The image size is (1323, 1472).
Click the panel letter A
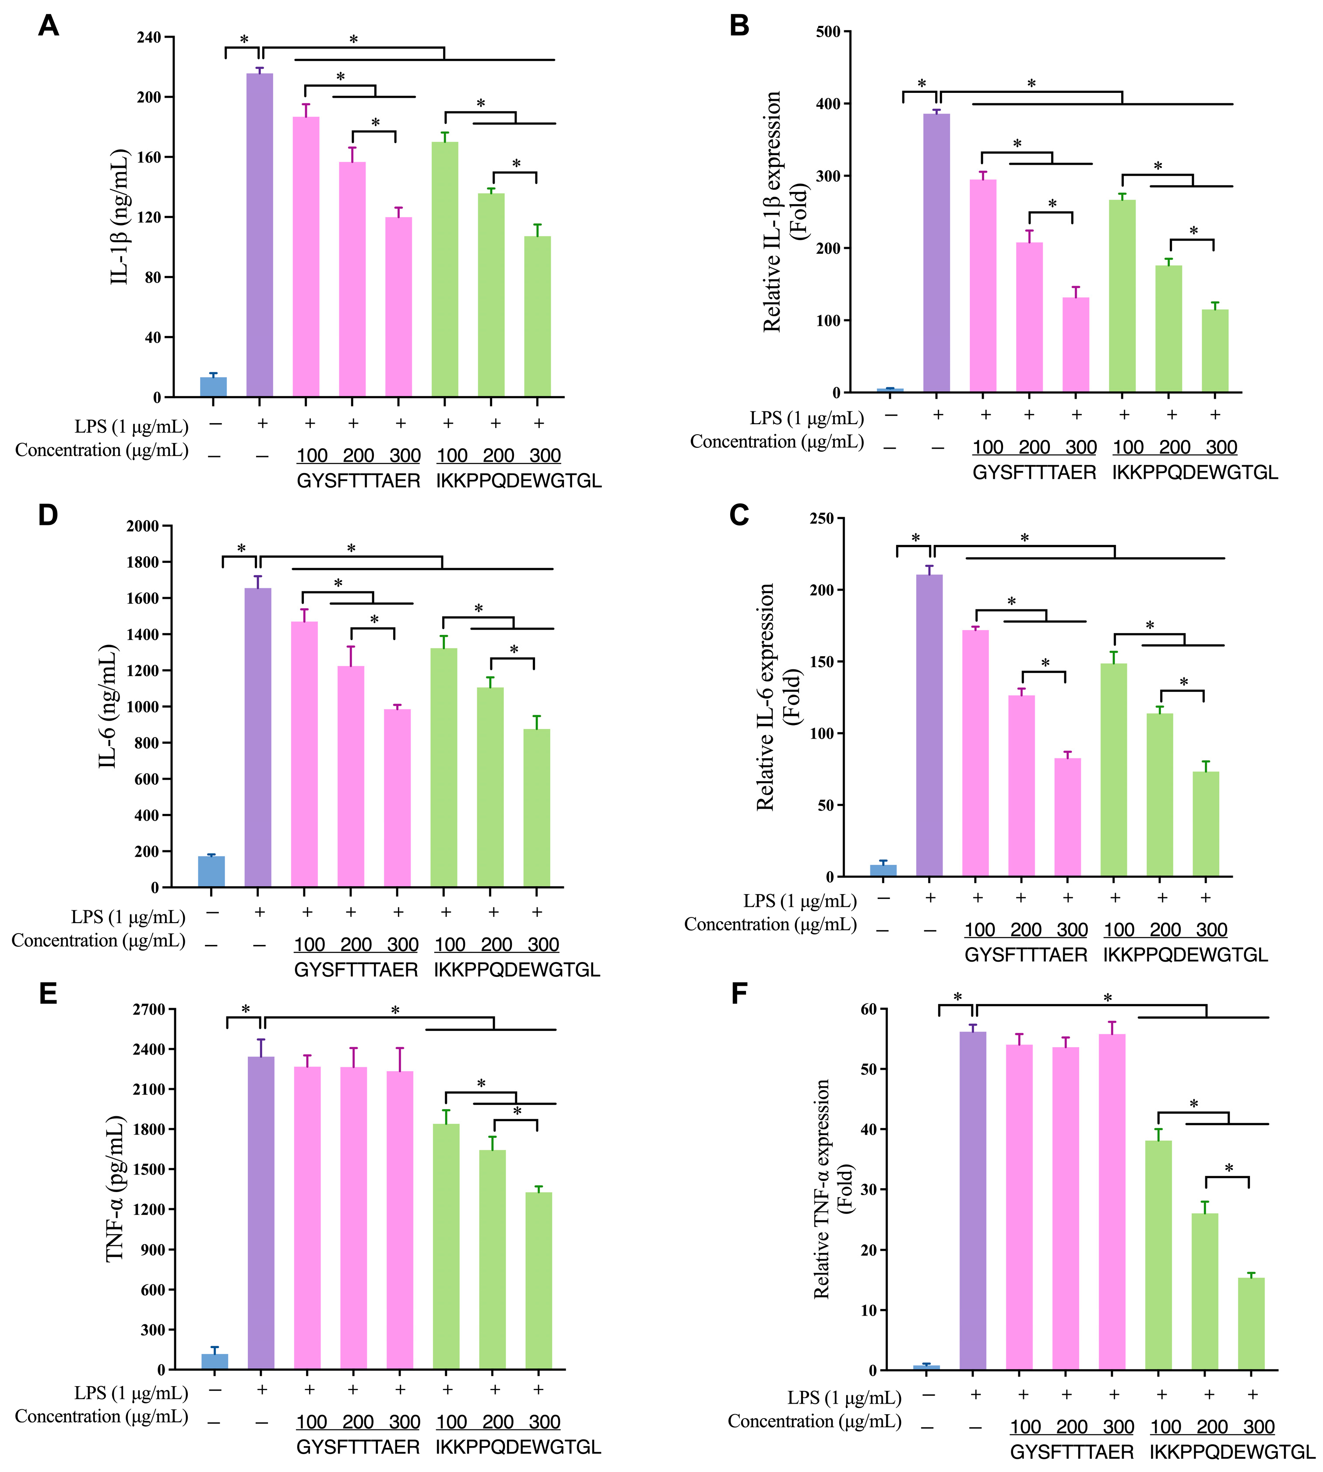(48, 26)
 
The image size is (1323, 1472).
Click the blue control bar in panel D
(211, 871)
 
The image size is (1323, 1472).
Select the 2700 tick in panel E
(149, 1009)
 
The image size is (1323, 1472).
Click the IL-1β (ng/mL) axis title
(120, 217)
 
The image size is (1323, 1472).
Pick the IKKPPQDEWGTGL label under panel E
(518, 1447)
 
